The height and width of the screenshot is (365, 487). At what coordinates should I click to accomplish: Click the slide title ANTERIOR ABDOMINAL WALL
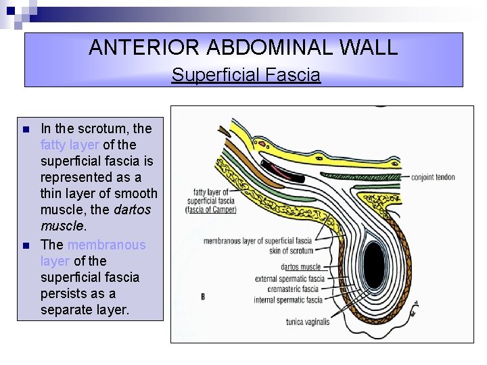pos(243,47)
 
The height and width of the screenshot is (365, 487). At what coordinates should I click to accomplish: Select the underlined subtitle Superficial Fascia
pos(246,74)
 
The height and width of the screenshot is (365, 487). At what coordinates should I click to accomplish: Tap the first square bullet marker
pos(25,129)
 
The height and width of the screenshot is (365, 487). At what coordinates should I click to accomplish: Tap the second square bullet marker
pos(25,245)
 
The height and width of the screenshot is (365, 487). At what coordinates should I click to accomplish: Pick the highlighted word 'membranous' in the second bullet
pos(106,245)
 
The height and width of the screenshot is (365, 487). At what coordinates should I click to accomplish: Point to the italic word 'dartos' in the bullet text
pos(133,210)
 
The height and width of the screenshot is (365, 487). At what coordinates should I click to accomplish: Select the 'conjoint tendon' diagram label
pos(433,178)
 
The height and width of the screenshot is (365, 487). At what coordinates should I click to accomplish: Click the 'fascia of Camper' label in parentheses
pos(211,210)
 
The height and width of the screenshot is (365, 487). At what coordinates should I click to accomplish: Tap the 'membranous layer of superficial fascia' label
pos(257,240)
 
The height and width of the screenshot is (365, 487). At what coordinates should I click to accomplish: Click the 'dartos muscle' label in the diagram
pos(300,267)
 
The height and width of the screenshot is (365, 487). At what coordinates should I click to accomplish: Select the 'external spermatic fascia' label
pos(289,278)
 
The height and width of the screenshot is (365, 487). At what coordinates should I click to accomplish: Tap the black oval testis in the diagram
pos(373,264)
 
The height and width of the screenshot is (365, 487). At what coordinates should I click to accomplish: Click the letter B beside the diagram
pos(202,297)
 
